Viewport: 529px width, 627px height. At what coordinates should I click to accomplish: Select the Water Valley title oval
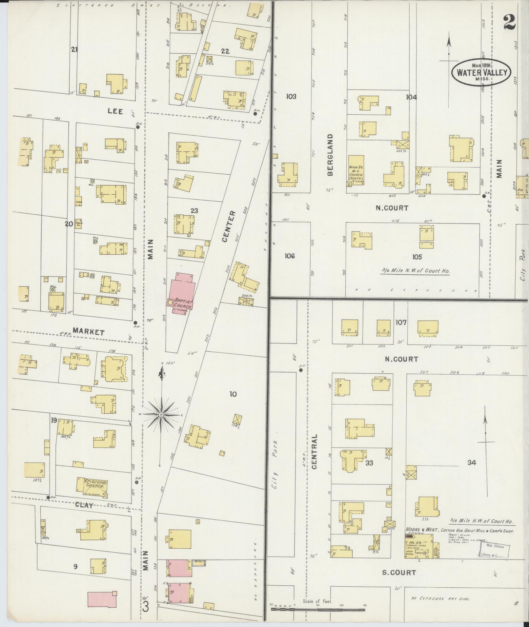pyautogui.click(x=481, y=72)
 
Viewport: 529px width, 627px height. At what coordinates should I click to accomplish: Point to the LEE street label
pyautogui.click(x=115, y=111)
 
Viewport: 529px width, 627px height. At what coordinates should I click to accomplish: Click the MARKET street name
pyautogui.click(x=88, y=332)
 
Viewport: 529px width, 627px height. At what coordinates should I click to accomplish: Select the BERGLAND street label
pyautogui.click(x=330, y=154)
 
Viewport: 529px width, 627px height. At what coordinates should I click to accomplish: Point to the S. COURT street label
pyautogui.click(x=399, y=572)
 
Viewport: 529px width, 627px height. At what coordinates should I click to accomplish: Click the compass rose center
pyautogui.click(x=161, y=415)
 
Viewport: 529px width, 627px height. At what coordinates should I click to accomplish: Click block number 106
pyautogui.click(x=290, y=256)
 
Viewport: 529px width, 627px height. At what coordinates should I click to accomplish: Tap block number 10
pyautogui.click(x=233, y=394)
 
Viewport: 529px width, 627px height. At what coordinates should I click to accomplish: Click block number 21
pyautogui.click(x=74, y=49)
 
